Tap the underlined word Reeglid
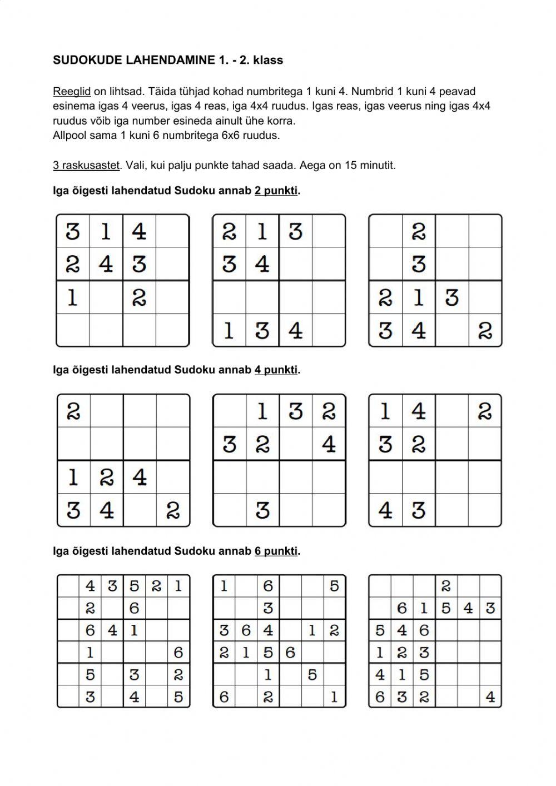(x=72, y=91)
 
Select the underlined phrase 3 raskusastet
(x=86, y=165)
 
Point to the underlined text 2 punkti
(x=276, y=191)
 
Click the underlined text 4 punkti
(x=276, y=370)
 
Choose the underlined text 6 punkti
(x=276, y=551)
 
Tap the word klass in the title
(x=268, y=61)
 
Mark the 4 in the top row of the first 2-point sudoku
(x=139, y=231)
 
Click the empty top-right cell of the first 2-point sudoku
(x=172, y=231)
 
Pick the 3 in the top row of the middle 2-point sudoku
(x=295, y=231)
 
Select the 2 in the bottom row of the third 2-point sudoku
(x=485, y=331)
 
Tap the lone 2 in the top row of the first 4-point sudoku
(x=73, y=411)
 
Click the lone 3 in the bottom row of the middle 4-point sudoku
(x=262, y=510)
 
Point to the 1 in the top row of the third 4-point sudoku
(x=385, y=411)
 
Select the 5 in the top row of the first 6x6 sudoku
(x=134, y=586)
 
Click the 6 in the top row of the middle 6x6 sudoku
(x=268, y=586)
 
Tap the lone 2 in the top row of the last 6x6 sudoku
(x=446, y=586)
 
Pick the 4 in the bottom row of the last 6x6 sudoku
(x=490, y=697)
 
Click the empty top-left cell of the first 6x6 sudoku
(x=68, y=586)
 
